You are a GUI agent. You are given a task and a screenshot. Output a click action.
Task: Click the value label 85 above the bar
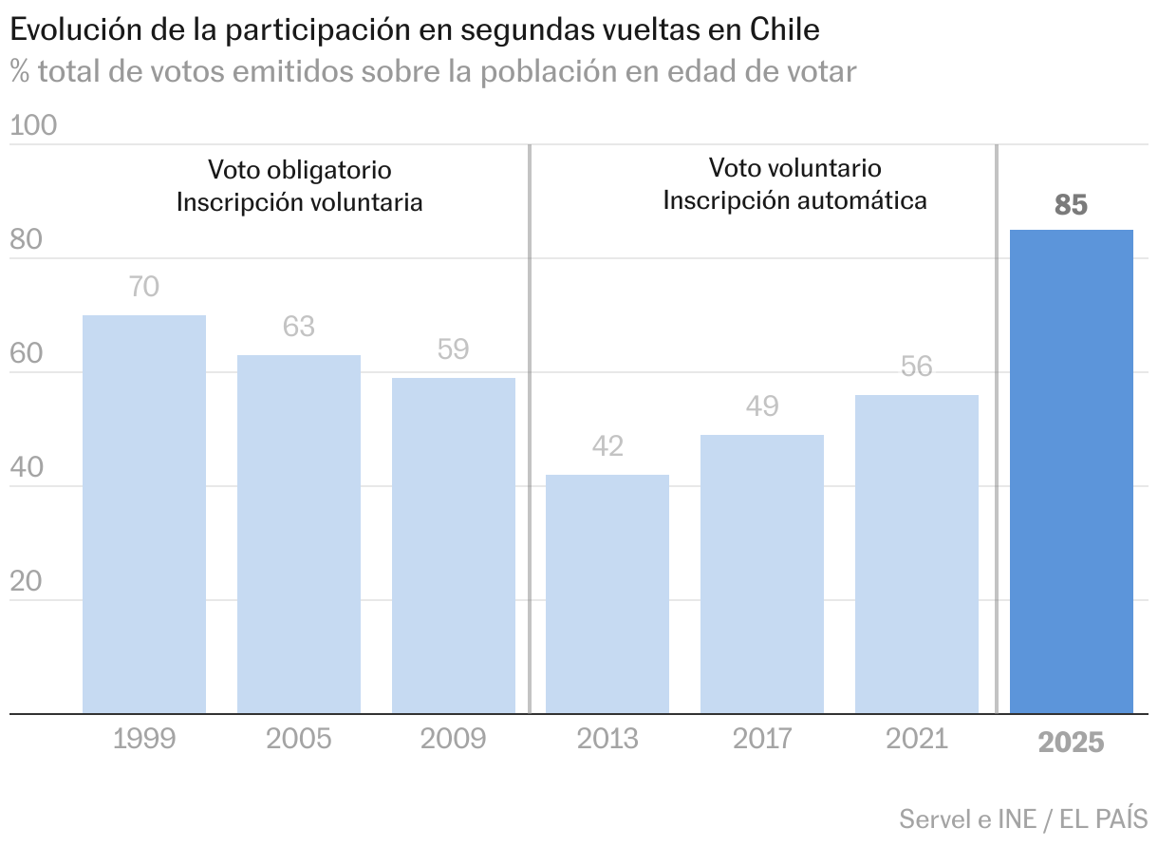pos(1071,205)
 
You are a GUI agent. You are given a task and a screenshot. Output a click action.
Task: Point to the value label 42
pos(607,446)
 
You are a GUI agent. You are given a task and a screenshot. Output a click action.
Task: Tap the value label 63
pos(299,327)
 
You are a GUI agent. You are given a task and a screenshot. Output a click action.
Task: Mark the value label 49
pos(762,406)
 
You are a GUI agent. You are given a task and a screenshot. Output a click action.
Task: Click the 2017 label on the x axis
pos(762,739)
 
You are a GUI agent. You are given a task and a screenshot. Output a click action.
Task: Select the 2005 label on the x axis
pos(299,739)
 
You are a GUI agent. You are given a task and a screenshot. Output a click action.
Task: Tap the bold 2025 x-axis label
pos(1072,742)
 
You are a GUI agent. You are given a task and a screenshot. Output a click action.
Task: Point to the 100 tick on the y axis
pos(33,126)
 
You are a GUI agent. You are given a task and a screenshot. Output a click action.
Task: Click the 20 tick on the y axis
pos(26,582)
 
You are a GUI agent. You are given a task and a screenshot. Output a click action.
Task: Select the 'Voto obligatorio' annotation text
pos(300,170)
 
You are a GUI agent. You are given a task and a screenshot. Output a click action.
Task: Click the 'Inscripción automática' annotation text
pos(794,201)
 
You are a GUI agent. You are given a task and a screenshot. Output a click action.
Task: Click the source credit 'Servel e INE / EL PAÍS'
pos(1023,819)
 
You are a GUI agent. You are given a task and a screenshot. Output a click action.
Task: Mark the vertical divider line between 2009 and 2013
pos(529,427)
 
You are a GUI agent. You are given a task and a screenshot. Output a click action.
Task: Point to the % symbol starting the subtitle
pos(19,71)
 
